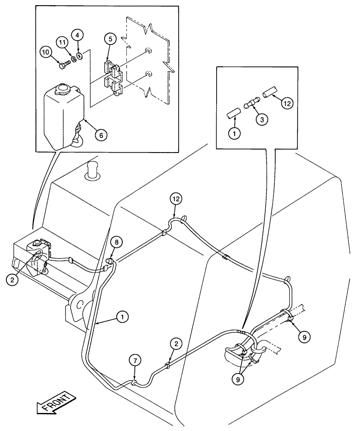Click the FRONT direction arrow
[x=53, y=403]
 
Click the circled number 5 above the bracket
[x=110, y=39]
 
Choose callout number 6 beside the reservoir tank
[x=101, y=134]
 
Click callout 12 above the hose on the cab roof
[x=176, y=199]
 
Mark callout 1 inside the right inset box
[x=234, y=134]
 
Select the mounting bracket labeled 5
[x=113, y=77]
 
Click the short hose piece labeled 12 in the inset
[x=270, y=92]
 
